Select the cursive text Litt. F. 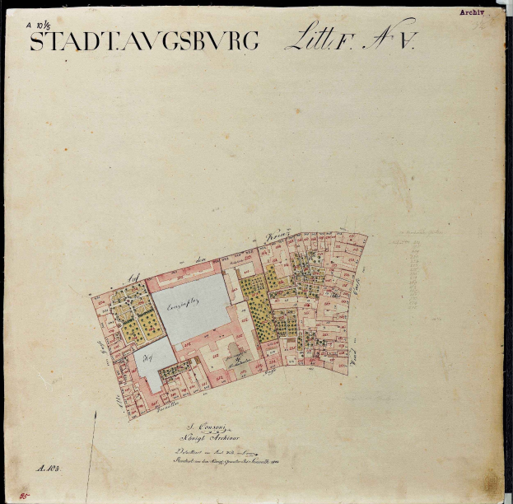316,40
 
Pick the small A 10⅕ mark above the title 42,25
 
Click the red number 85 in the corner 14,496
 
